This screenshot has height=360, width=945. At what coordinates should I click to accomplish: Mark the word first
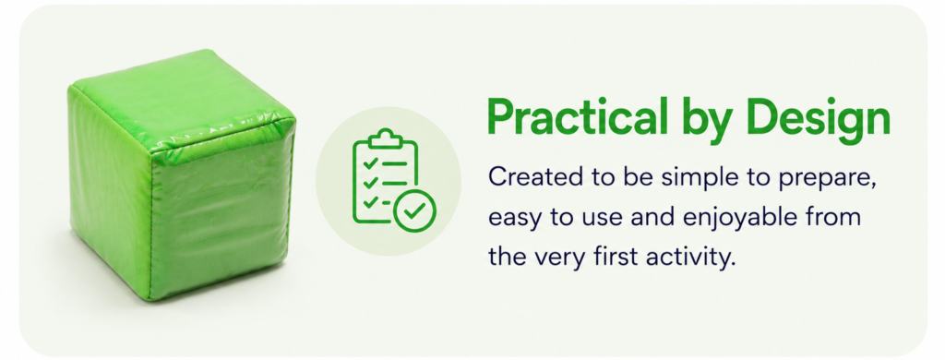616,257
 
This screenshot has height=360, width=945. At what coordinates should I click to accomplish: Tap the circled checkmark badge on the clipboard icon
414,210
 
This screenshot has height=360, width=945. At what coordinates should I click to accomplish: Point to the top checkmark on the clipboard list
371,162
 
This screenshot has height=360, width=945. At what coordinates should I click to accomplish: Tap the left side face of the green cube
109,193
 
